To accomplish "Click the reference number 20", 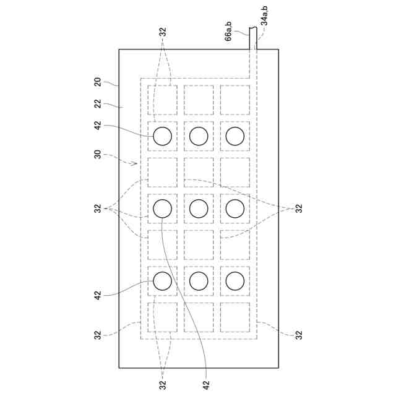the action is pyautogui.click(x=97, y=81).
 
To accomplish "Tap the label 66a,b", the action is pyautogui.click(x=228, y=30).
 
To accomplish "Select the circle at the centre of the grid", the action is pyautogui.click(x=199, y=209).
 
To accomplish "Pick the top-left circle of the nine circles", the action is pyautogui.click(x=162, y=137).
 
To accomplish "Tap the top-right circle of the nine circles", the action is pyautogui.click(x=235, y=137).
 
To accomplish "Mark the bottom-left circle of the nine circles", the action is pyautogui.click(x=162, y=282).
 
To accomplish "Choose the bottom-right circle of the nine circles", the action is pyautogui.click(x=235, y=282).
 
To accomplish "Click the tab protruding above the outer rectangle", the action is pyautogui.click(x=253, y=38).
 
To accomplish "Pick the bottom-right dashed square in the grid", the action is pyautogui.click(x=235, y=317).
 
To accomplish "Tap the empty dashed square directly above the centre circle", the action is pyautogui.click(x=199, y=173).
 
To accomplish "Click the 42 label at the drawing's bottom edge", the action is pyautogui.click(x=206, y=384).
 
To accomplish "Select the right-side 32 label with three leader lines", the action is pyautogui.click(x=298, y=209).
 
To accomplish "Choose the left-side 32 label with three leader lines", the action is pyautogui.click(x=97, y=209).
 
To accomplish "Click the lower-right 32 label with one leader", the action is pyautogui.click(x=298, y=335).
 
